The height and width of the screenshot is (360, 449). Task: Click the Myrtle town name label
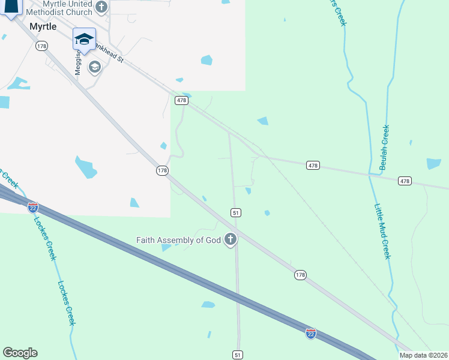coord(43,26)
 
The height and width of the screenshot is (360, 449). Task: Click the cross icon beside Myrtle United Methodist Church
coord(101,7)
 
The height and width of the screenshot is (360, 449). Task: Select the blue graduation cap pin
coord(84,40)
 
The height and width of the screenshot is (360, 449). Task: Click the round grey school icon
coord(94,67)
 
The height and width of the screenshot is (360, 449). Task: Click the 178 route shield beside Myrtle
coord(41,46)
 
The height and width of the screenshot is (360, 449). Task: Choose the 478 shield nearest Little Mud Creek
coord(405,181)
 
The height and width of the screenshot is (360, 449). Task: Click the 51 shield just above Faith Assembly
coord(236,212)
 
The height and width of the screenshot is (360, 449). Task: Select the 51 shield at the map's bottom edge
coord(238,355)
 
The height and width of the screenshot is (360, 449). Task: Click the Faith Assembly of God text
coord(178,241)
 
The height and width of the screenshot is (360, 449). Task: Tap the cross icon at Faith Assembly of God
coord(230,240)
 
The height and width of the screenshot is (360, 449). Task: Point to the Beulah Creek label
coord(385,148)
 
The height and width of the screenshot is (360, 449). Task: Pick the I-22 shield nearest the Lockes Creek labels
coord(33,207)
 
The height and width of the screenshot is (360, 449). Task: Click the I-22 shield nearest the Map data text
coord(311,333)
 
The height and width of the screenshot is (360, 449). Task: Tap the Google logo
coord(20,353)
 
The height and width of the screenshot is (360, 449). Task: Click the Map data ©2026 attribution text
coord(423,355)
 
